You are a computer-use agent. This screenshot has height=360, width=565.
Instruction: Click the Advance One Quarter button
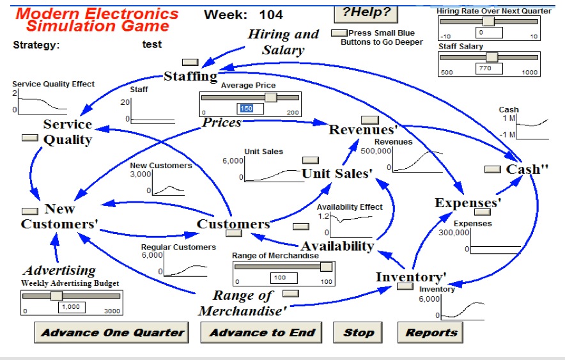[x=111, y=333]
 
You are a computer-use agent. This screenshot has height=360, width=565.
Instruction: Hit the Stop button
[x=358, y=333]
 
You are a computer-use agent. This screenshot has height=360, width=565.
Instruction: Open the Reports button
[x=430, y=333]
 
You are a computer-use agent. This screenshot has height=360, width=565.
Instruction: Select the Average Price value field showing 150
[x=250, y=109]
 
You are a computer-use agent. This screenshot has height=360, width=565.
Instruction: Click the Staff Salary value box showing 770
[x=489, y=68]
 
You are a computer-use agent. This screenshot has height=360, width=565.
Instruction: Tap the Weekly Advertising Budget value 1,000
[x=72, y=307]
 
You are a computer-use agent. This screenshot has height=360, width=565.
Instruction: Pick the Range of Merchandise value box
[x=284, y=278]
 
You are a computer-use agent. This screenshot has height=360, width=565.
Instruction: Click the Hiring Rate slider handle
[x=488, y=22]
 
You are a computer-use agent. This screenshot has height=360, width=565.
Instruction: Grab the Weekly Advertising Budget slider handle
[x=56, y=296]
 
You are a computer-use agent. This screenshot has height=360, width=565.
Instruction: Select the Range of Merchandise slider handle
[x=326, y=267]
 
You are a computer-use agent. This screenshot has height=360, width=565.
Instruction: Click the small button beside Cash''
[x=493, y=169]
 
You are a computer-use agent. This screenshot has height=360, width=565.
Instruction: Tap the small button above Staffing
[x=190, y=62]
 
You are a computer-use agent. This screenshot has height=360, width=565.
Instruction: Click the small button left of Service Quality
[x=30, y=138]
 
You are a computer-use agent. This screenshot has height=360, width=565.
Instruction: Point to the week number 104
[x=271, y=15]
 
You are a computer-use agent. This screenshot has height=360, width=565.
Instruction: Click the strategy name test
[x=151, y=45]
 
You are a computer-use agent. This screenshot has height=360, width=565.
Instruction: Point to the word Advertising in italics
[x=59, y=270]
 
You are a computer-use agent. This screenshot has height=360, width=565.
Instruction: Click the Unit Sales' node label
[x=337, y=174]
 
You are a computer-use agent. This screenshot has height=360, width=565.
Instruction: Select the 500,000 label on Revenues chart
[x=376, y=151]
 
